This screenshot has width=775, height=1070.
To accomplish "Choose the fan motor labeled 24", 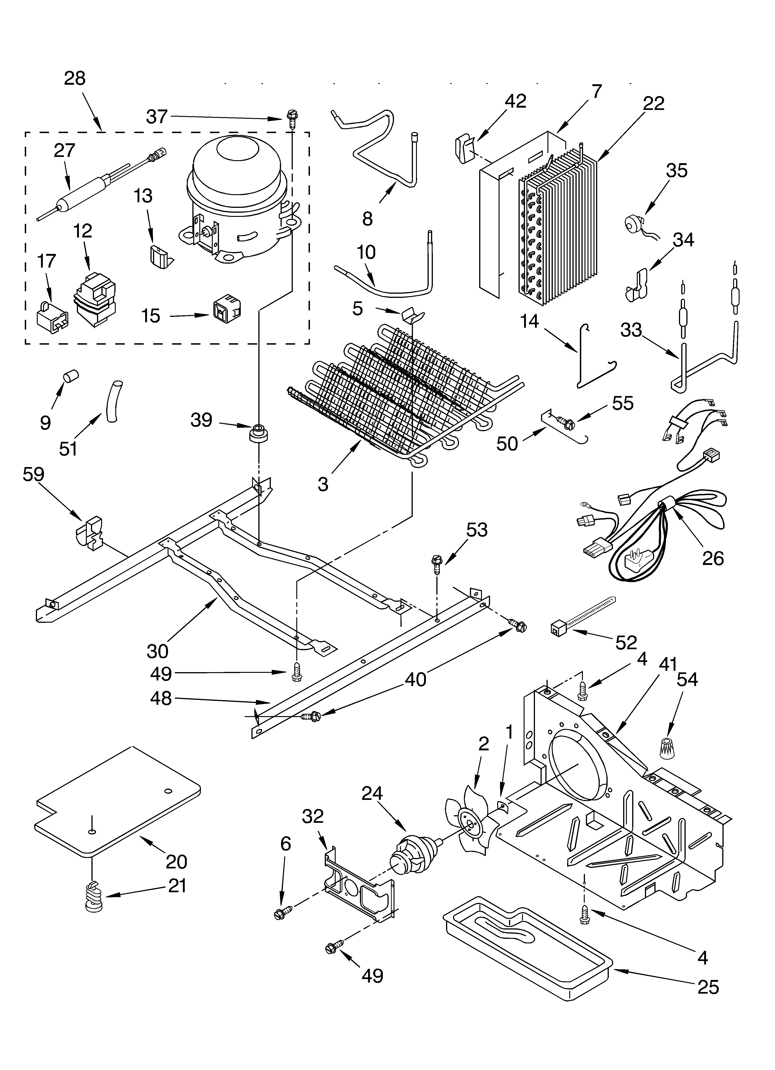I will [413, 853].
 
